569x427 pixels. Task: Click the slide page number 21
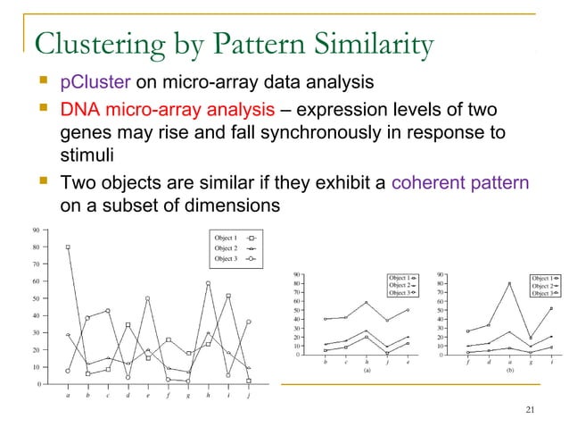[x=532, y=410]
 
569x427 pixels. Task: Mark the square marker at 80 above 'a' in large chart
[x=69, y=247]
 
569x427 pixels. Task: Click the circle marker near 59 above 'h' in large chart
[x=208, y=284]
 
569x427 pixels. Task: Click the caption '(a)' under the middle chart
[x=366, y=369]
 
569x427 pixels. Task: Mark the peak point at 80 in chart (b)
[x=509, y=284]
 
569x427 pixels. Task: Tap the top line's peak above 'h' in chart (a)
[x=366, y=303]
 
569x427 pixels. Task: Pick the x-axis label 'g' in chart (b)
[x=531, y=362]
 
